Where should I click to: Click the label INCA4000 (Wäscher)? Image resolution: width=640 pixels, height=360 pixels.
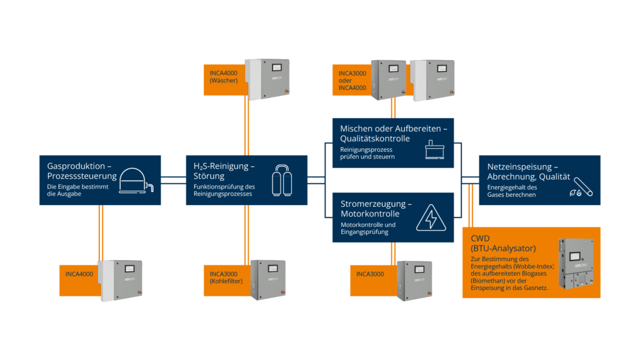click(223, 77)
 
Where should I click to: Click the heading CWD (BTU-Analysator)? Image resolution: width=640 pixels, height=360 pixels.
click(500, 243)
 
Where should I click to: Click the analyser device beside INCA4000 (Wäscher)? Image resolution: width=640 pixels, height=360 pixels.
click(267, 78)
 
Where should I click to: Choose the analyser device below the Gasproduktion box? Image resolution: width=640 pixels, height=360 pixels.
click(122, 281)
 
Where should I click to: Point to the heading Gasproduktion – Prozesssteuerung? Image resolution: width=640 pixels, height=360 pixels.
click(79, 172)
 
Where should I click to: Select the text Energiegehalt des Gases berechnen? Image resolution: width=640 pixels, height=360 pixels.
click(512, 191)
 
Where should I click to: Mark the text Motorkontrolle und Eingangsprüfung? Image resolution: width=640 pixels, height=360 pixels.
click(368, 228)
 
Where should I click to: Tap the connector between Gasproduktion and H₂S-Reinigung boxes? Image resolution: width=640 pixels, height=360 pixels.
click(173, 181)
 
